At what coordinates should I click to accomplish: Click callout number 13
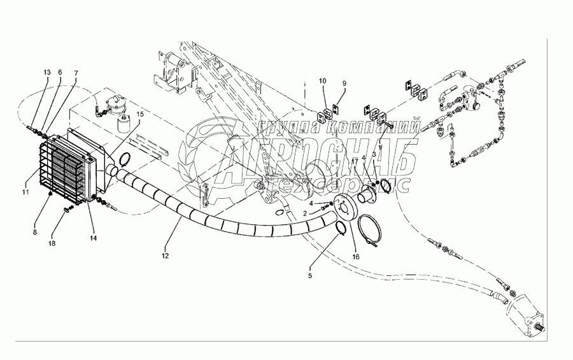pos(46,73)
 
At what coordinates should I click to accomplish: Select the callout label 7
pos(75,73)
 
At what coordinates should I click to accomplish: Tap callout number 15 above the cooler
pos(141,114)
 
